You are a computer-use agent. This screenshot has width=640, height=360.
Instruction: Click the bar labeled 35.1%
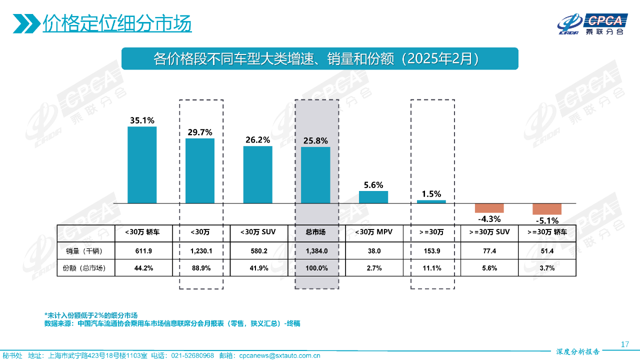click(142, 165)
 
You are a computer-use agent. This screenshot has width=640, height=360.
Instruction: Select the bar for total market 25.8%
click(315, 175)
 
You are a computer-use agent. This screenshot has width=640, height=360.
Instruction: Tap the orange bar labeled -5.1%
click(547, 209)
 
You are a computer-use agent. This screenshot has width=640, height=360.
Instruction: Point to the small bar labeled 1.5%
click(431, 201)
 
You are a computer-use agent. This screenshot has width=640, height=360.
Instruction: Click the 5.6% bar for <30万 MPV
click(373, 197)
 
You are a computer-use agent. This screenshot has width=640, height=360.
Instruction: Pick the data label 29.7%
click(200, 132)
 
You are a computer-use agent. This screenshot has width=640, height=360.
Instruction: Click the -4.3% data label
click(489, 219)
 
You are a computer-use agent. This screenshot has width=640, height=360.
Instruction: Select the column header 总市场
click(315, 232)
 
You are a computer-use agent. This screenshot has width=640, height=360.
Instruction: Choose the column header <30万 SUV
click(257, 232)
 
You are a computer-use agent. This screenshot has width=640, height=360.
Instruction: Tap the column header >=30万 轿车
click(547, 232)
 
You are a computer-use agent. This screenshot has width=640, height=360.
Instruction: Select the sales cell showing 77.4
click(489, 250)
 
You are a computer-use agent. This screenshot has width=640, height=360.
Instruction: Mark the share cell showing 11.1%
click(431, 268)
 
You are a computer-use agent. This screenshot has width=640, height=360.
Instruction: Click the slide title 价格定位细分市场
click(117, 23)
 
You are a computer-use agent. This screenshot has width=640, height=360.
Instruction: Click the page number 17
click(624, 344)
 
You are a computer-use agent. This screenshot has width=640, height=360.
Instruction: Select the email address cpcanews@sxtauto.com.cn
click(279, 355)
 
